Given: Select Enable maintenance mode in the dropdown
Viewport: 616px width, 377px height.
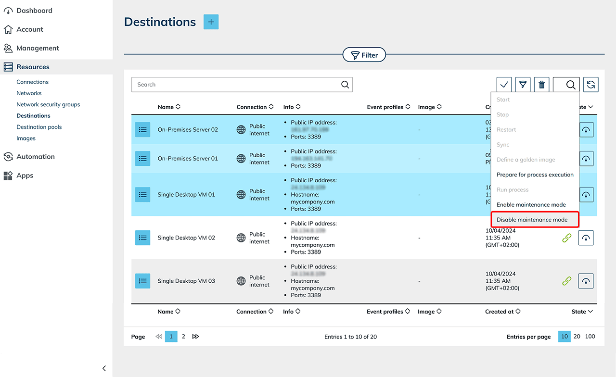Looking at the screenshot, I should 531,205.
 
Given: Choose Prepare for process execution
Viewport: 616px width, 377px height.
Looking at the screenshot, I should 535,175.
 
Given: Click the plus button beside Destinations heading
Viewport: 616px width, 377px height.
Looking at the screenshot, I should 211,22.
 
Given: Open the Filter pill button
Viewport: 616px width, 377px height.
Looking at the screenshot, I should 364,55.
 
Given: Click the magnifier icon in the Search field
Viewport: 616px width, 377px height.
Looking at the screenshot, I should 345,85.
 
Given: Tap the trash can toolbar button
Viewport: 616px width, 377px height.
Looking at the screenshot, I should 541,85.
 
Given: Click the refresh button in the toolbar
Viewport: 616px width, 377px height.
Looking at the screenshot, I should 591,85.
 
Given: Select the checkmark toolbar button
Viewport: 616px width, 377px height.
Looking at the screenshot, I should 504,85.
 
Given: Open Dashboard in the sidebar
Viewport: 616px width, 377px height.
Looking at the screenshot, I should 34,11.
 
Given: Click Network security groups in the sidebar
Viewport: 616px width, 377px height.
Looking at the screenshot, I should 48,104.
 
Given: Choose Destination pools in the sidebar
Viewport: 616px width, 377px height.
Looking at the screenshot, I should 39,127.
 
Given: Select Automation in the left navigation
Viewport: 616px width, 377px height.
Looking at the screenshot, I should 36,157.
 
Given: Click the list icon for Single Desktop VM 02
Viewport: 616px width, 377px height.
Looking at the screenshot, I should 142,238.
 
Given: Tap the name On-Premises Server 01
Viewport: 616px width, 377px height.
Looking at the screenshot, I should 188,159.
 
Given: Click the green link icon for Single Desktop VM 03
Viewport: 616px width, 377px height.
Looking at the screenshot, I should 567,281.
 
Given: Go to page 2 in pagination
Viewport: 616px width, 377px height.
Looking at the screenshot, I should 183,337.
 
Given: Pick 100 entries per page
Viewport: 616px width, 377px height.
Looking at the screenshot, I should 590,337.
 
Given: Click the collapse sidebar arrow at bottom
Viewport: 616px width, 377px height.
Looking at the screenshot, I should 104,368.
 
